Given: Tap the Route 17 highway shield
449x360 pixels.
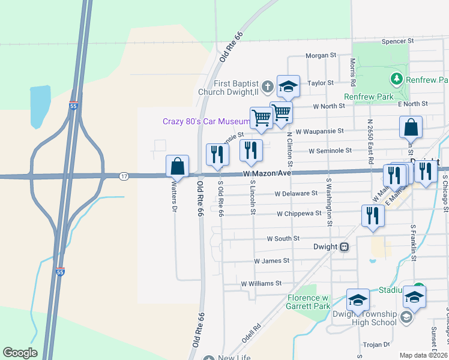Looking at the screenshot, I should point(123,176).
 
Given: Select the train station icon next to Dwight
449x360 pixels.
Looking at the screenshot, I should point(345,246).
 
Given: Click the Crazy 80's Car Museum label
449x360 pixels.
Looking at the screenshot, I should point(205,121).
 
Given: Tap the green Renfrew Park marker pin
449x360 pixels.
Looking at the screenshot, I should point(396,79).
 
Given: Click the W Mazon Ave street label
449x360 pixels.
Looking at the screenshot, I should point(267,173).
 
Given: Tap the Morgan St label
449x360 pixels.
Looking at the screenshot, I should point(321,56).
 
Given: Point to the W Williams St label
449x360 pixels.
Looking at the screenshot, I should point(261,283).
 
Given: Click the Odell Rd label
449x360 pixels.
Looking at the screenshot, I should point(256,328).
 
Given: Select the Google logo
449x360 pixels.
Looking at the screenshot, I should point(20,353).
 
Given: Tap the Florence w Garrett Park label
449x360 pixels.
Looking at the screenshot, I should point(308,302).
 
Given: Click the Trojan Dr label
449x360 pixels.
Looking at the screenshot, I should point(378,344).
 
